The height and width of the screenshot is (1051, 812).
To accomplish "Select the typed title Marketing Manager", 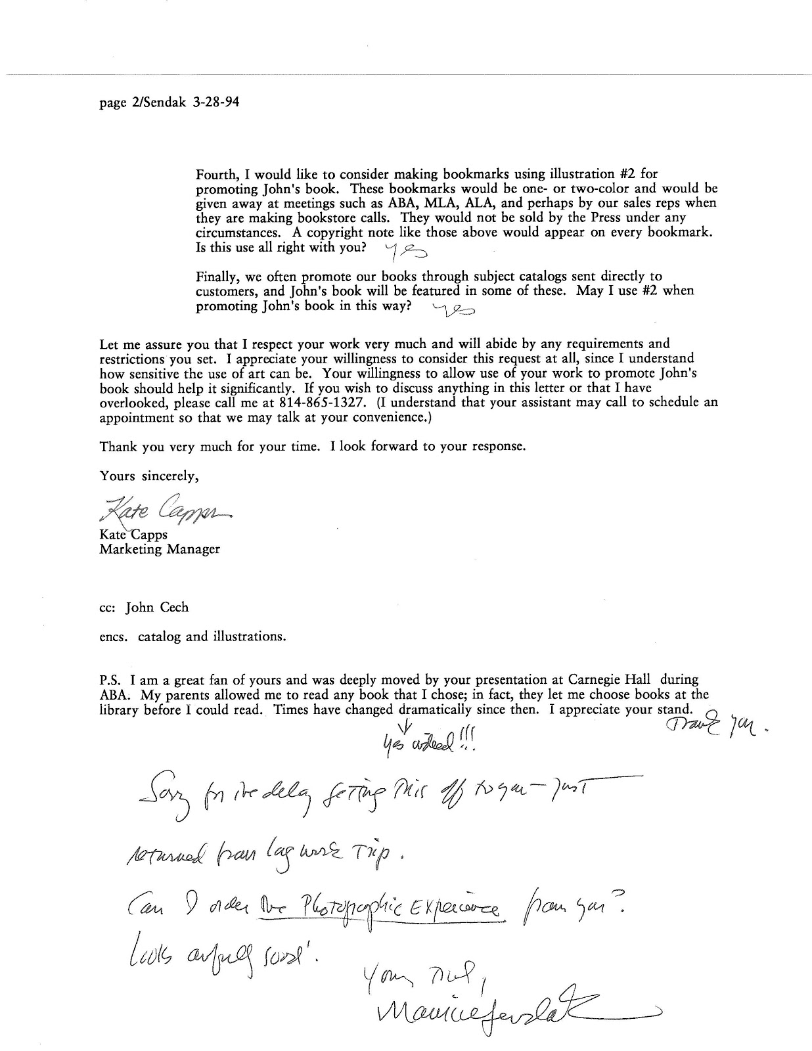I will point(160,549).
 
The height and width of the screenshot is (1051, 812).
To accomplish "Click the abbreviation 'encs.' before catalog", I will point(114,636).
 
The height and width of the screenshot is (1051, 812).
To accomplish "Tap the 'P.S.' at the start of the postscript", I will point(110,681).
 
